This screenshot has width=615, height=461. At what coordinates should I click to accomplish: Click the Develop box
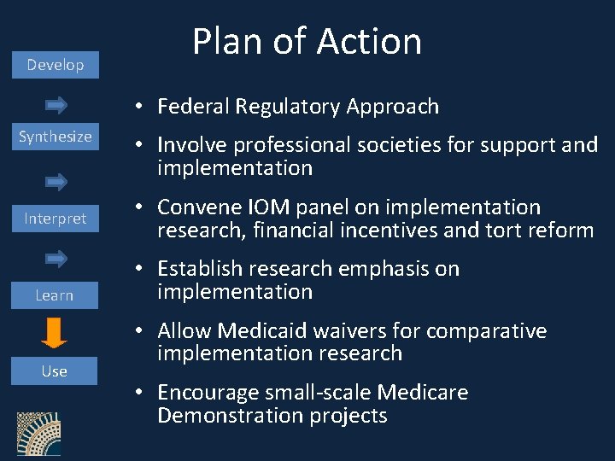point(56,65)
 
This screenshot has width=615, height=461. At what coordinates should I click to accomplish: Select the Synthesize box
point(56,137)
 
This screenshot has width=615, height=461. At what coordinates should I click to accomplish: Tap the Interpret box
point(56,219)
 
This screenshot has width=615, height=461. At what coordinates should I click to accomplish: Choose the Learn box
point(55,295)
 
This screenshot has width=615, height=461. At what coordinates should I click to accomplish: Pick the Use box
point(55,371)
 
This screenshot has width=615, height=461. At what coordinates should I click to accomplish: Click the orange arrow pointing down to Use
point(55,333)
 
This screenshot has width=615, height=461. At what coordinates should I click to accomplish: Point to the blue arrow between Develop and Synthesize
point(56,105)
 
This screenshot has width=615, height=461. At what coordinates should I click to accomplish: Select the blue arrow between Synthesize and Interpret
point(56,182)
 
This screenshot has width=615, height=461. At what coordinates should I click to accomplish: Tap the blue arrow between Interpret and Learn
point(56,258)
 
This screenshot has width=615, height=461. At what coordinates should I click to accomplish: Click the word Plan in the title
point(224,41)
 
